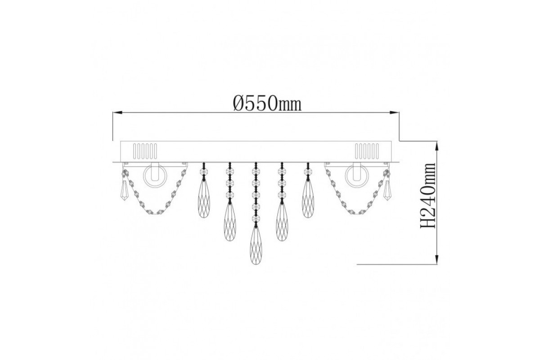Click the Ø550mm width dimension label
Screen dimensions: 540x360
click(x=267, y=104)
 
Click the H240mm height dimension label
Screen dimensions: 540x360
click(x=428, y=196)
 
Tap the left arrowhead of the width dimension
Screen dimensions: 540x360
click(x=118, y=112)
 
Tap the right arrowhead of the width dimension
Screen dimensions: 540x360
click(x=394, y=112)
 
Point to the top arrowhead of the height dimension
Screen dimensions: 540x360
click(x=437, y=146)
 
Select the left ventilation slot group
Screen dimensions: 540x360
click(x=145, y=151)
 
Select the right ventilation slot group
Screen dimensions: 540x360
click(x=367, y=151)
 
